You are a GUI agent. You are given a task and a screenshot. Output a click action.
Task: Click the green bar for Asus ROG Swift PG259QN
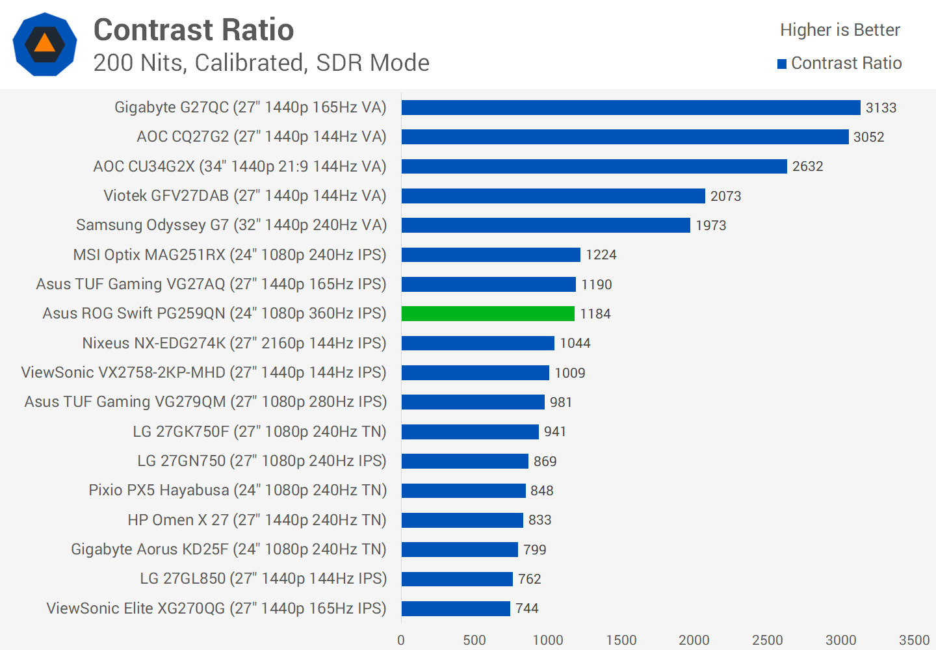point(487,314)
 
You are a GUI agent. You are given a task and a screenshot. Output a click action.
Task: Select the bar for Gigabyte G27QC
point(630,107)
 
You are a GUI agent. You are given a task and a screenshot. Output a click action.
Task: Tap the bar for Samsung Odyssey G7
point(545,225)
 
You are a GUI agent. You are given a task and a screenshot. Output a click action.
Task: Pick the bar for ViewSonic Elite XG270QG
point(456,608)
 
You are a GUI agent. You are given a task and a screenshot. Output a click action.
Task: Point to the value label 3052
point(868,137)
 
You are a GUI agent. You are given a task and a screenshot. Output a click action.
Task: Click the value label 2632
point(807,166)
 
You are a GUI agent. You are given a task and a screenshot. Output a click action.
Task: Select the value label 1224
point(601,255)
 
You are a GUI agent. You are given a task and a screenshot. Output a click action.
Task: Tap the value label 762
point(529,579)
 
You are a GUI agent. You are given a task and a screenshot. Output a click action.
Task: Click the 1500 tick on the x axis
point(621,640)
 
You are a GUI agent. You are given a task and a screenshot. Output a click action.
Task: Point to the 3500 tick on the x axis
point(914,640)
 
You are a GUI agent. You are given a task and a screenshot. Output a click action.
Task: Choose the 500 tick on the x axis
point(474,640)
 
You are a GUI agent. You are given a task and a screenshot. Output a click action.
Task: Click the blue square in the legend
point(782,64)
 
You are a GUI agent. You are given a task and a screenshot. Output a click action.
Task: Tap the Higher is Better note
point(840,30)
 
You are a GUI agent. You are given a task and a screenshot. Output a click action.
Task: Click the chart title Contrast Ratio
point(194,30)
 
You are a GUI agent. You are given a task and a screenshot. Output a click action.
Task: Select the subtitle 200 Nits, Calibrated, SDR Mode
point(261,63)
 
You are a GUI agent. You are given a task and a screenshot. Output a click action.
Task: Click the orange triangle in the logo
point(44,44)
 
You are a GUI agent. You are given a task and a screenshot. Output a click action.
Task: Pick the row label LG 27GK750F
point(259,432)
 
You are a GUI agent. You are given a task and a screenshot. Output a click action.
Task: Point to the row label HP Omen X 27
point(257,520)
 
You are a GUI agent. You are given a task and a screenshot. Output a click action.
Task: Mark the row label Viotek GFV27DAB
point(244,196)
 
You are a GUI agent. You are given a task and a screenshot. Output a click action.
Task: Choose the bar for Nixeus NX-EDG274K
point(478,343)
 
